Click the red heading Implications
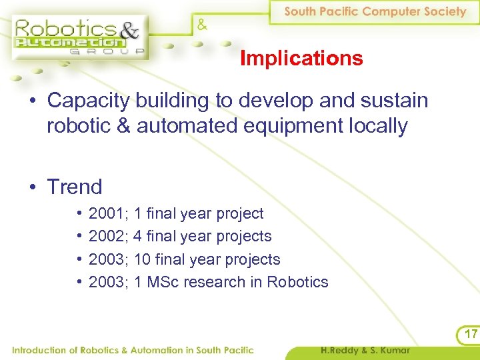coord(301,59)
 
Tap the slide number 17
coord(471,333)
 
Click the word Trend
coord(74,187)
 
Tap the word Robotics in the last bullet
coord(297,282)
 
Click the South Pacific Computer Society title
coord(375,11)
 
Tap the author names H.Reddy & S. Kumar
coord(365,350)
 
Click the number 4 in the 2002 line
coord(137,236)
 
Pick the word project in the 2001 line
coord(239,213)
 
